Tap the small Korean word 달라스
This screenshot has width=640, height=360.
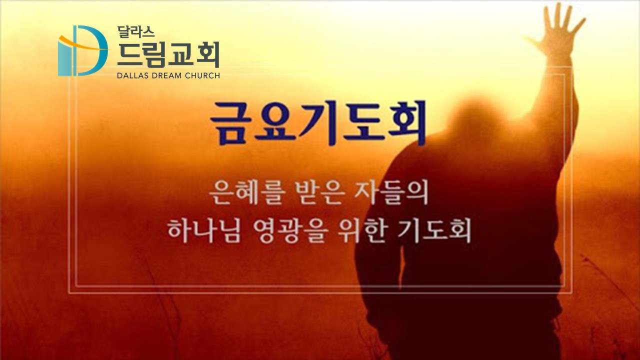[x=135, y=31]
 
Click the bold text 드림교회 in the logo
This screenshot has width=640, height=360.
[x=168, y=54]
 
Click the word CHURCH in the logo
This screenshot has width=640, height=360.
[x=202, y=75]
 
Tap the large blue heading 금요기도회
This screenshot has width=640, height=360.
[x=318, y=123]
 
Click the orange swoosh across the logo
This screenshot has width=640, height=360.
[x=83, y=43]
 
